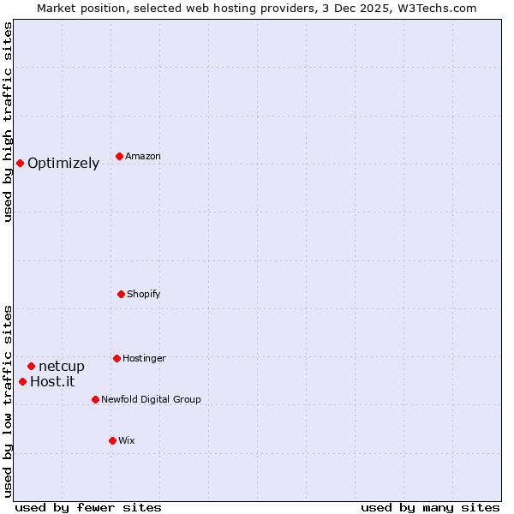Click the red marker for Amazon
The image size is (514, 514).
(119, 156)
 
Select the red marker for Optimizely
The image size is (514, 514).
(20, 163)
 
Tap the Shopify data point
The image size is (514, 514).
(121, 294)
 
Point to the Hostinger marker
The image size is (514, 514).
(117, 358)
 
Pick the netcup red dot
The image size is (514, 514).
(31, 366)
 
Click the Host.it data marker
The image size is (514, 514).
(22, 381)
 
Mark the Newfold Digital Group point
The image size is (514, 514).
(95, 399)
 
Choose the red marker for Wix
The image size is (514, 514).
(112, 440)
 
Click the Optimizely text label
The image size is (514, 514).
(63, 164)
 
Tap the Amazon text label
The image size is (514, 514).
(143, 157)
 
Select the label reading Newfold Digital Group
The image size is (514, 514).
(151, 400)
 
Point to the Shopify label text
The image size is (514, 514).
(144, 295)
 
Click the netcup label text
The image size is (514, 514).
(62, 367)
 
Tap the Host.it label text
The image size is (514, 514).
(52, 382)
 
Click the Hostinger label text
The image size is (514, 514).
(144, 359)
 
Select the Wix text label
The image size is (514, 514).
(127, 441)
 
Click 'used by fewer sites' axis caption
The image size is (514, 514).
(88, 508)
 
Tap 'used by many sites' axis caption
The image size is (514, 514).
(430, 508)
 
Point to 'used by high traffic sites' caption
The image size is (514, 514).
(8, 122)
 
